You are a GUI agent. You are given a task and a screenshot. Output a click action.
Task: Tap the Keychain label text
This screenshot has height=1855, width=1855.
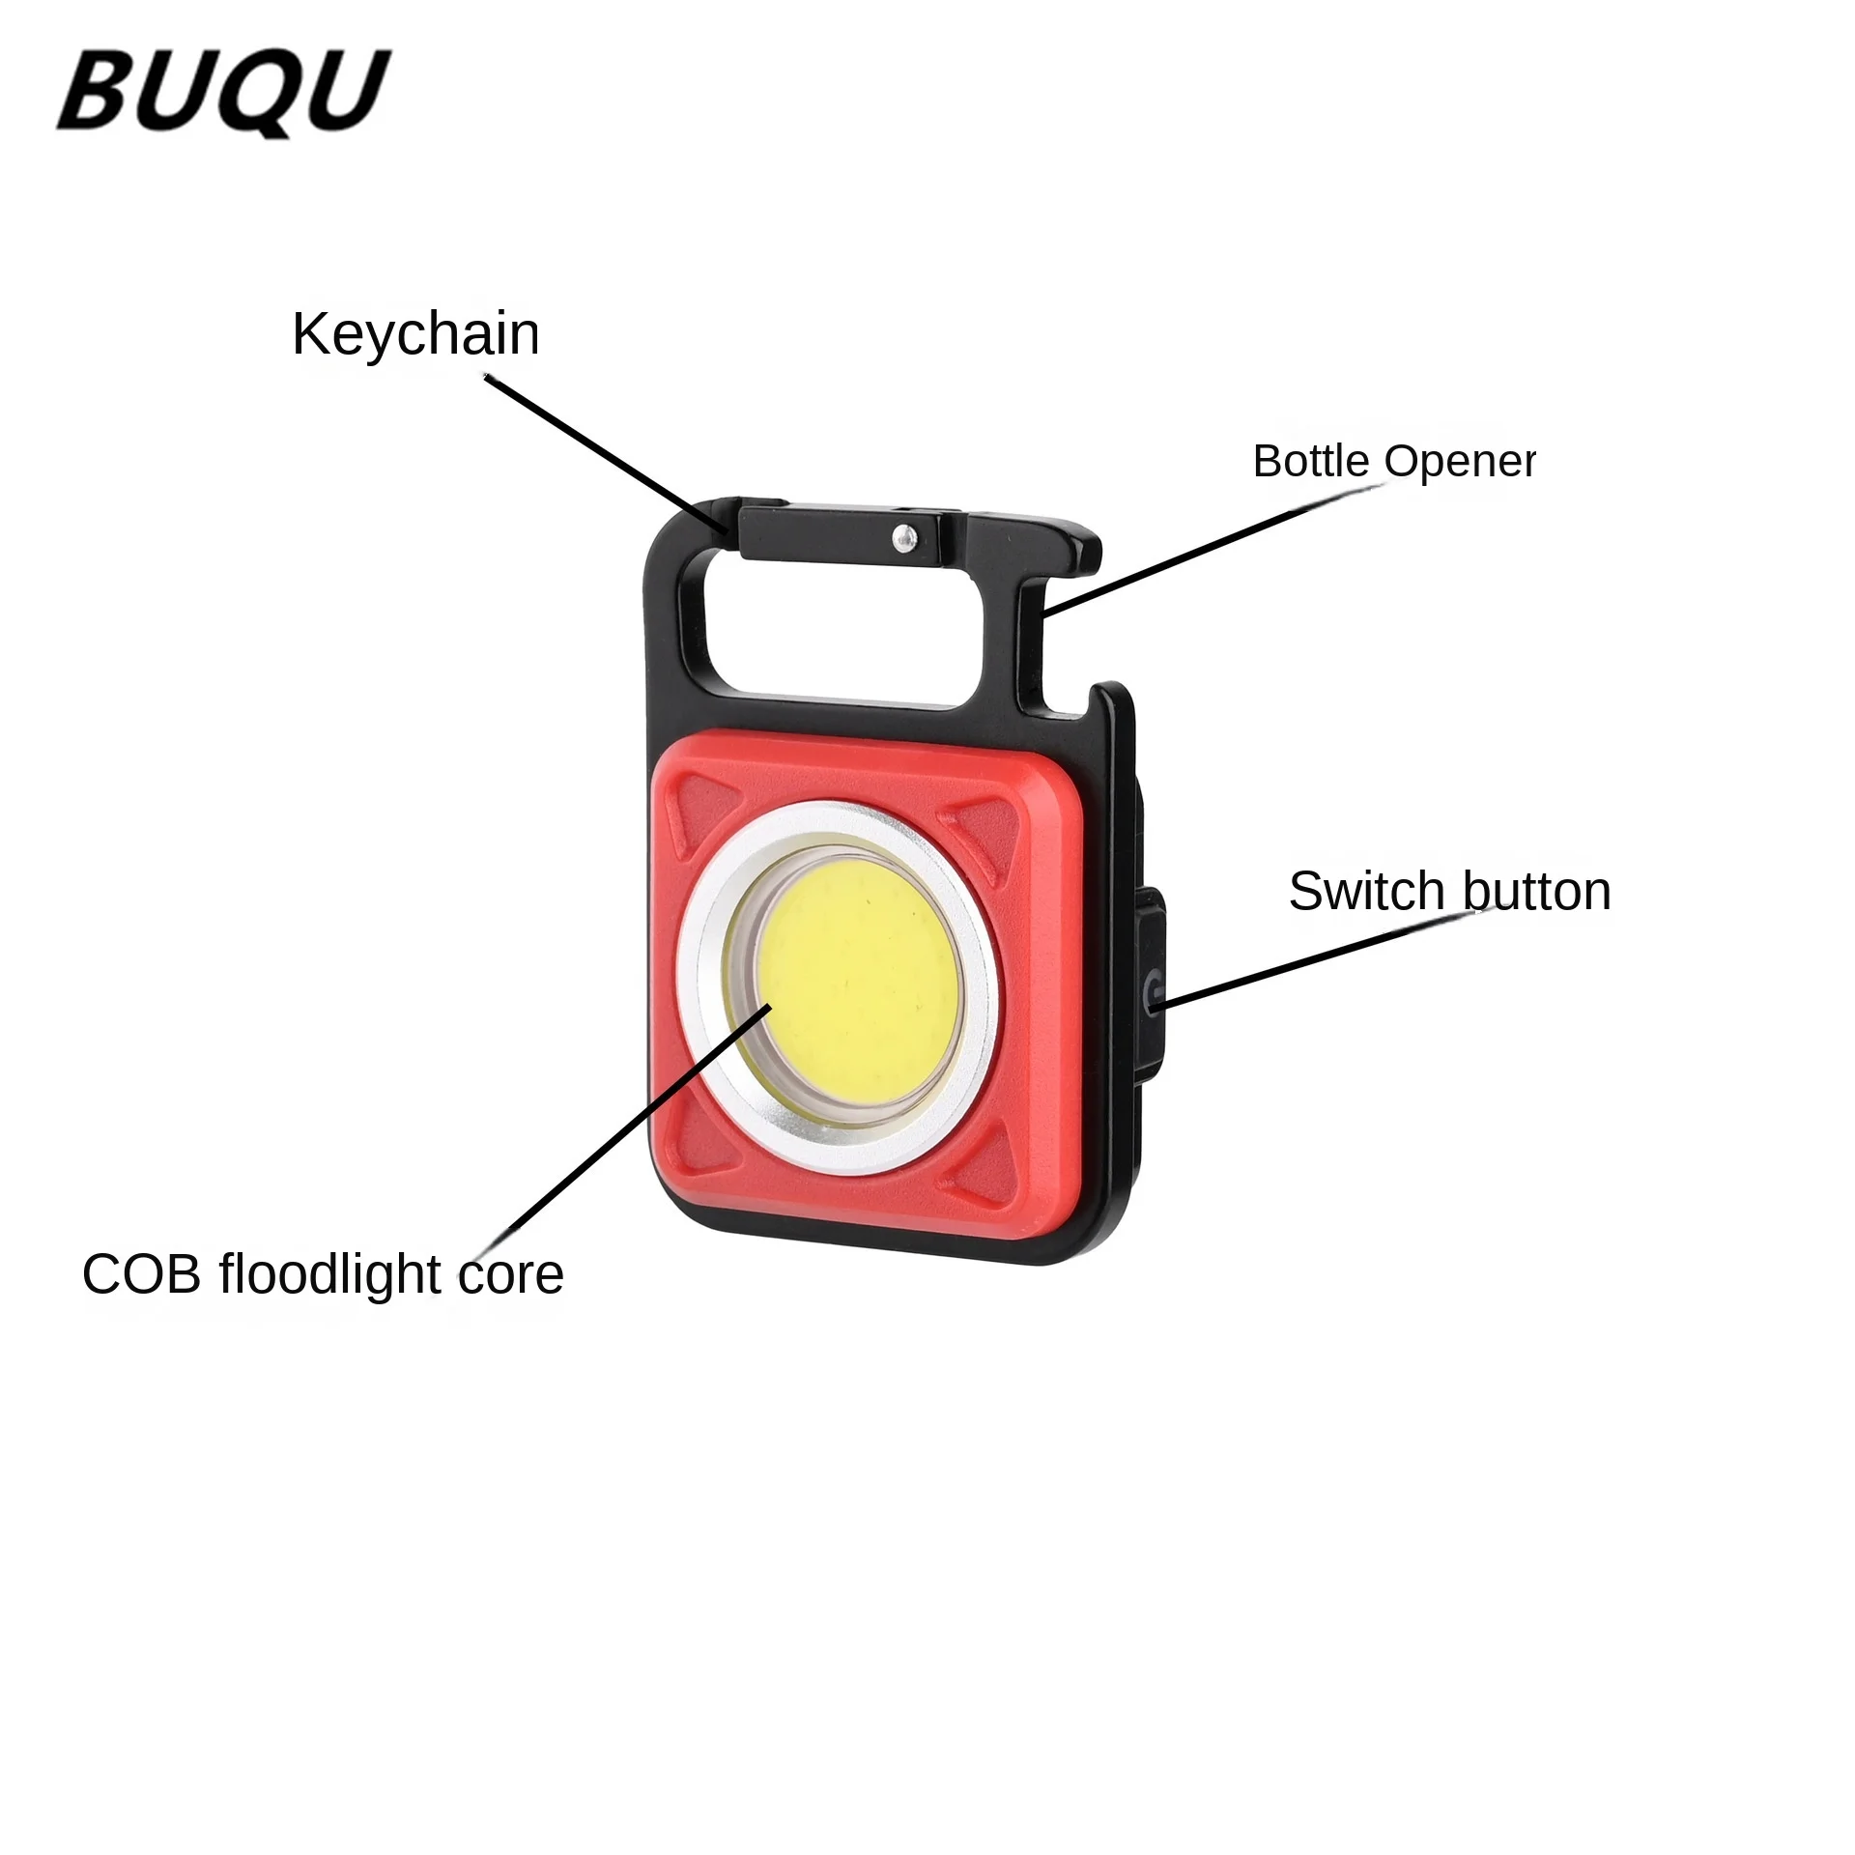click(415, 334)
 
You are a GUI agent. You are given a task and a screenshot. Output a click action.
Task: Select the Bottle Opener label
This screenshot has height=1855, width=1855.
click(1393, 461)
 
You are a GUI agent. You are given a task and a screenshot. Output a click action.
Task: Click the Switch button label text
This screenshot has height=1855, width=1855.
click(1449, 891)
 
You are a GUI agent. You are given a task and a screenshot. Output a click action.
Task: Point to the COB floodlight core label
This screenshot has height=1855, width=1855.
click(323, 1273)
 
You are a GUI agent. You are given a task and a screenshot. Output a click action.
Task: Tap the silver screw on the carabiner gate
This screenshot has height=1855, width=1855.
click(904, 536)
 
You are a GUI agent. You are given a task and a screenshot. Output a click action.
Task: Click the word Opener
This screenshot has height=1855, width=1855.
click(1460, 462)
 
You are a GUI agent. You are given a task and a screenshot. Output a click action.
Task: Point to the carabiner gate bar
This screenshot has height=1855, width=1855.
click(839, 534)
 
